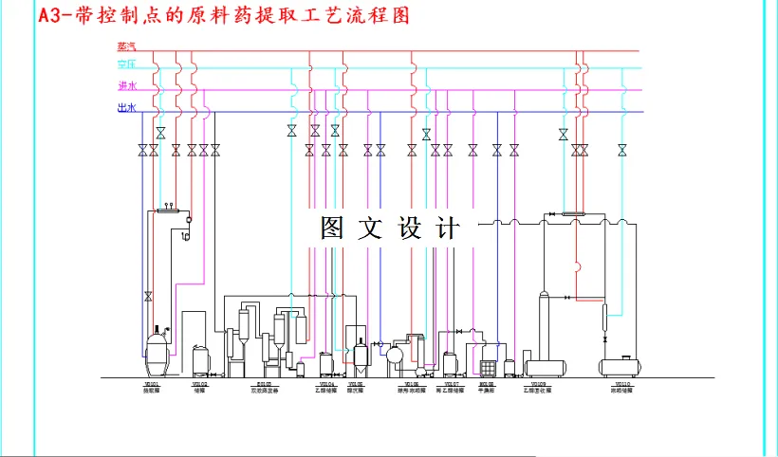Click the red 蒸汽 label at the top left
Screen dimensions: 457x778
pyautogui.click(x=127, y=46)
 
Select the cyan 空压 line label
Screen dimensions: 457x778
pyautogui.click(x=127, y=64)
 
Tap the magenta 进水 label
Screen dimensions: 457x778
pyautogui.click(x=127, y=86)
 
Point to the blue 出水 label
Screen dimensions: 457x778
pyautogui.click(x=127, y=109)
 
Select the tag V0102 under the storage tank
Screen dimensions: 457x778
pyautogui.click(x=199, y=384)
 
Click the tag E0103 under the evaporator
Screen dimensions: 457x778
pyautogui.click(x=265, y=384)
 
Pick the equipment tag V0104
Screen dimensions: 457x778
pyautogui.click(x=325, y=384)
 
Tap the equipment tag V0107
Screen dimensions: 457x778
pyautogui.click(x=450, y=384)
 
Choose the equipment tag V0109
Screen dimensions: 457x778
pyautogui.click(x=538, y=384)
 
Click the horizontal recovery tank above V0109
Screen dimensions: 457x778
pyautogui.click(x=546, y=366)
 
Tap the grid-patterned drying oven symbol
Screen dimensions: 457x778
pyautogui.click(x=488, y=366)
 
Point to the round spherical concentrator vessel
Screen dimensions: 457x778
pyautogui.click(x=394, y=356)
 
